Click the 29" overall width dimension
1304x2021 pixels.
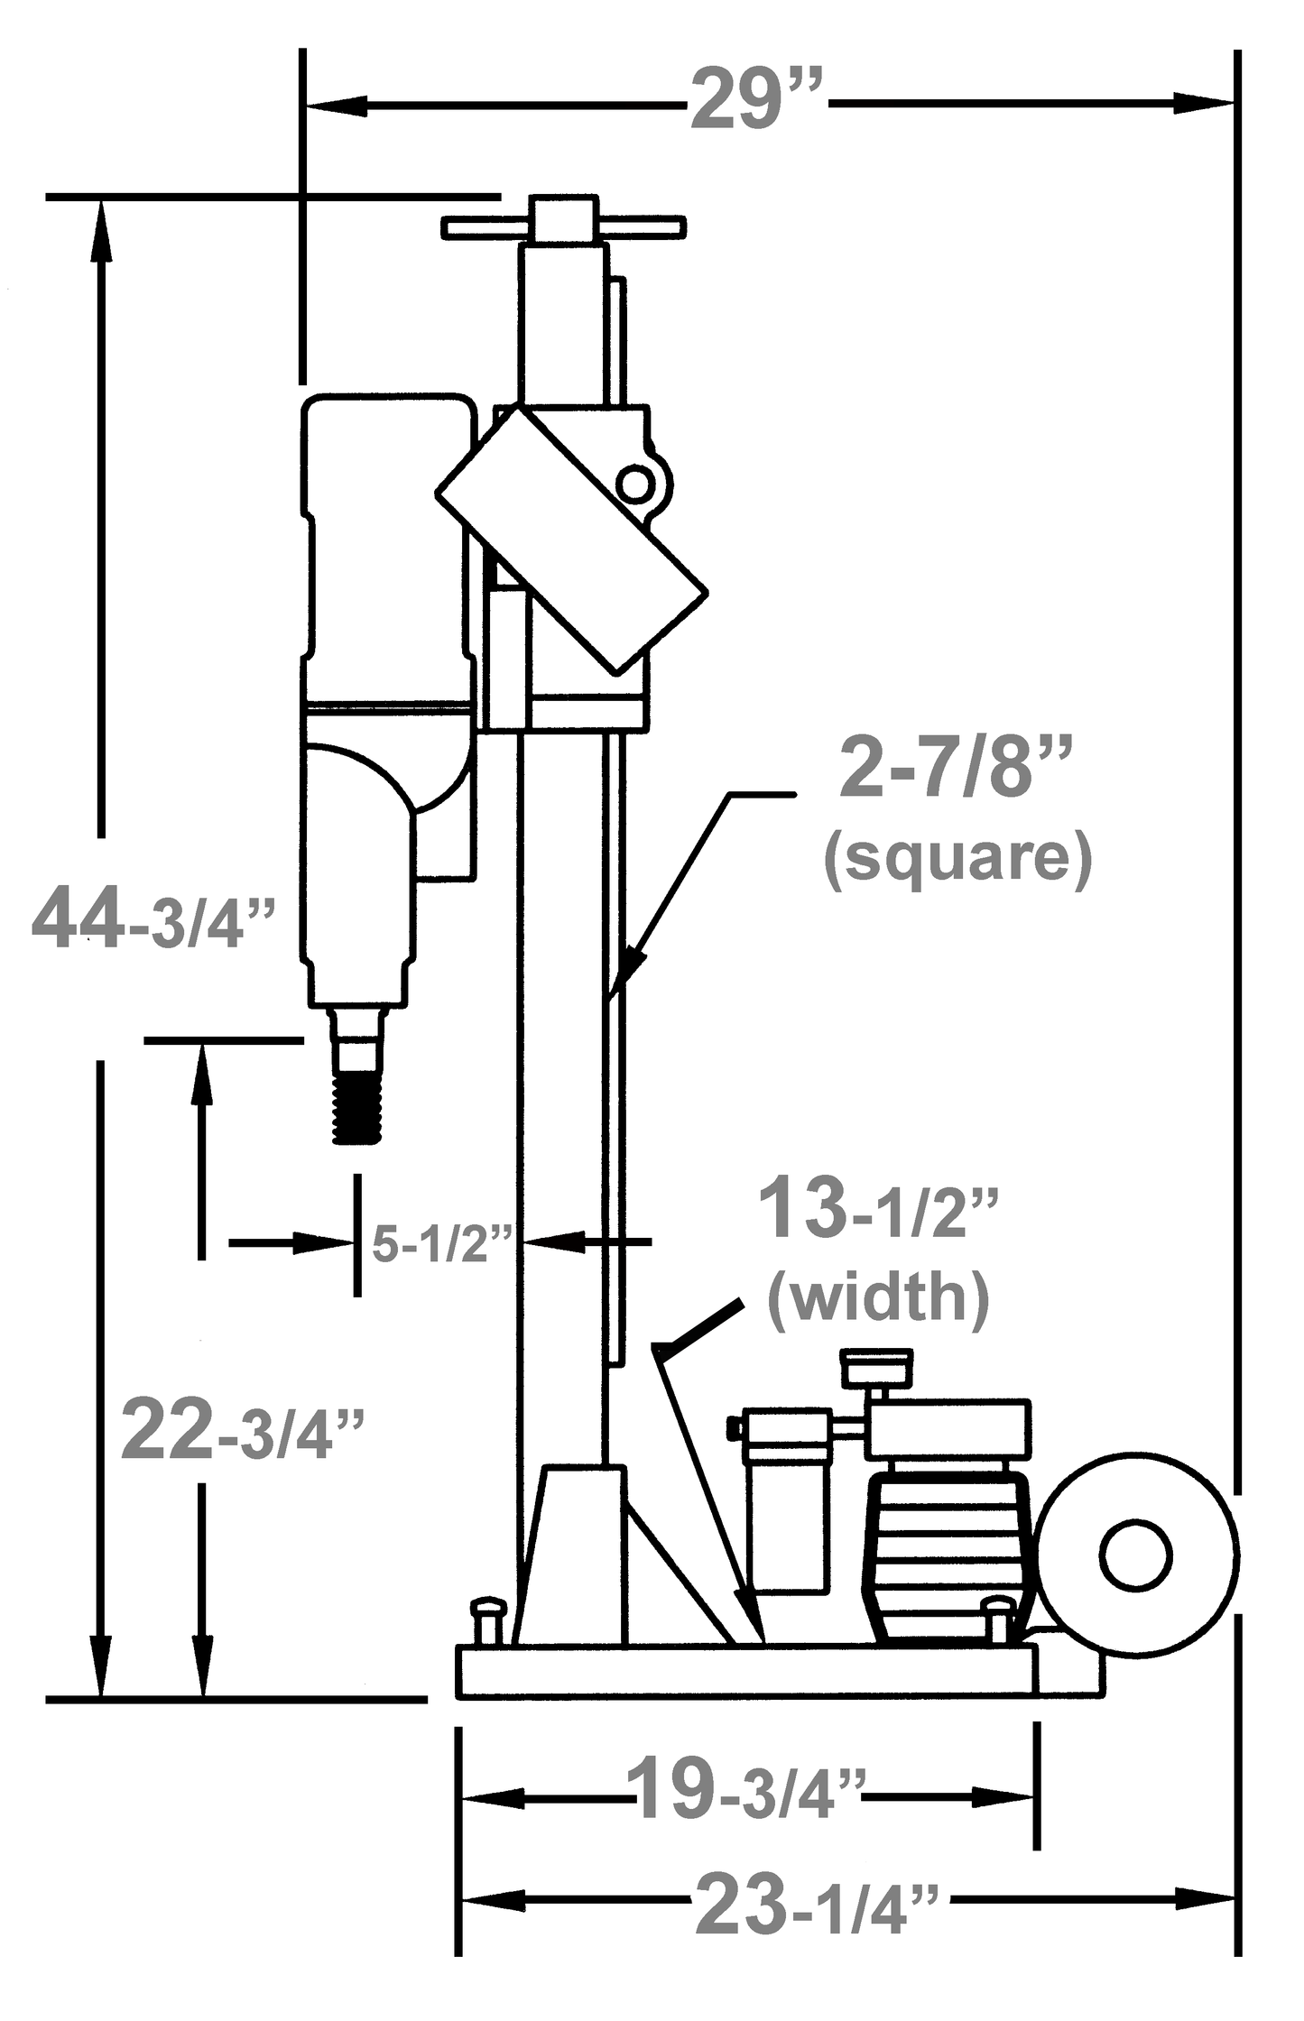pyautogui.click(x=756, y=102)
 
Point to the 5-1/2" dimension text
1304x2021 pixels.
pyautogui.click(x=440, y=1244)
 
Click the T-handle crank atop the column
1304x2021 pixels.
pyautogui.click(x=563, y=226)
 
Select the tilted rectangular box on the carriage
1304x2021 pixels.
pyautogui.click(x=571, y=541)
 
